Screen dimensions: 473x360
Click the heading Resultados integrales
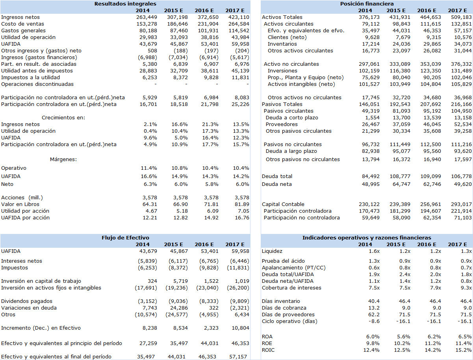click(x=125, y=4)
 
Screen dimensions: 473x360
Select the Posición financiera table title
click(x=367, y=4)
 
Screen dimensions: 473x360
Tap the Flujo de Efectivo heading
click(x=125, y=238)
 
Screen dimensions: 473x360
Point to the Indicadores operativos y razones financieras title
click(x=367, y=238)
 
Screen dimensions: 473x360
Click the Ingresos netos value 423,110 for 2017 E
click(x=239, y=17)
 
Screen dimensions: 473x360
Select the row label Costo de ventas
click(x=22, y=24)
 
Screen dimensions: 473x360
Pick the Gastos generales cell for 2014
click(x=148, y=31)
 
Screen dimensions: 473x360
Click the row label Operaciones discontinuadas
click(x=37, y=84)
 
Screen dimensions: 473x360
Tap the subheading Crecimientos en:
click(x=63, y=118)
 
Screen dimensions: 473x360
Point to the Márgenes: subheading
click(x=63, y=160)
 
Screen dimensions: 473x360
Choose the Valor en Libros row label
click(x=20, y=204)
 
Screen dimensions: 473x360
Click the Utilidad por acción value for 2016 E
click(x=213, y=211)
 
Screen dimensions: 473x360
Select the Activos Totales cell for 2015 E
click(x=400, y=17)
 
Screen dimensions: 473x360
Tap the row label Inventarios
click(x=282, y=44)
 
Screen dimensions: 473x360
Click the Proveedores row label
click(x=282, y=124)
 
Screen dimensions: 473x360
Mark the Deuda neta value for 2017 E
click(x=463, y=184)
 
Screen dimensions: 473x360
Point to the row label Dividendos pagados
click(x=27, y=301)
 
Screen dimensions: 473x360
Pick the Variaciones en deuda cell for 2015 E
click(x=179, y=308)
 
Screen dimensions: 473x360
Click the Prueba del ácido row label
click(x=283, y=261)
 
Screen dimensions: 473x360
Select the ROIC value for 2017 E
click(x=464, y=350)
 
